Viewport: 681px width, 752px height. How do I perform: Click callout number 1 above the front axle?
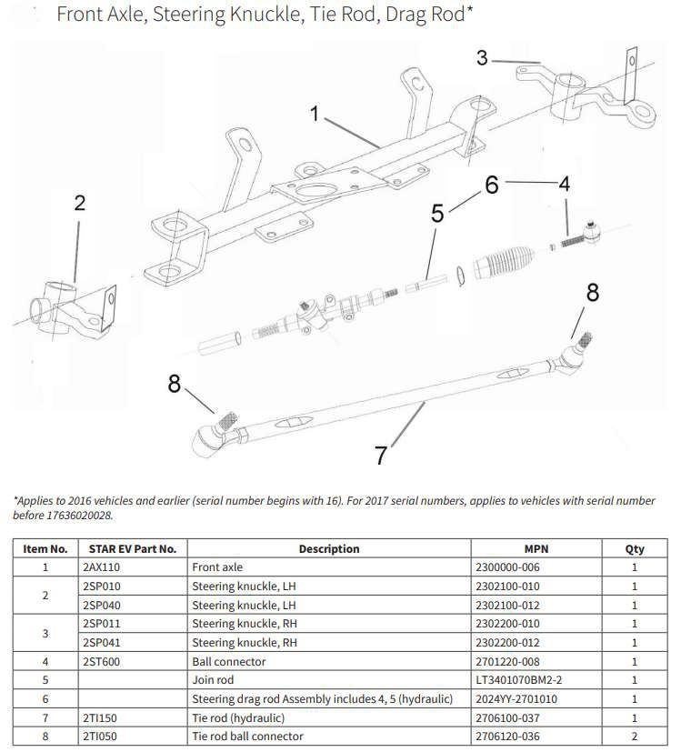point(315,115)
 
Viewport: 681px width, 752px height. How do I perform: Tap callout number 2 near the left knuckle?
point(79,203)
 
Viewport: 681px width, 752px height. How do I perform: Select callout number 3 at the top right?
point(482,58)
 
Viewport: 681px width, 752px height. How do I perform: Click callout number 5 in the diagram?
point(437,215)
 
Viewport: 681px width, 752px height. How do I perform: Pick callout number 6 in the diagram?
point(492,185)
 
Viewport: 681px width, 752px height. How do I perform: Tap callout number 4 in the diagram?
point(564,184)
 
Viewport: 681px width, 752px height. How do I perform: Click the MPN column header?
point(537,548)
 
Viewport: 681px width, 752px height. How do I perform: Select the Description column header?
point(328,548)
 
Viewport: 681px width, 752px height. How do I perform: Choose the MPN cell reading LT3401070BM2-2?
point(517,679)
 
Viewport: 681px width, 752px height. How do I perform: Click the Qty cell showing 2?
point(635,736)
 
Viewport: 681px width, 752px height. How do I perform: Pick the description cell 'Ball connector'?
point(227,661)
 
